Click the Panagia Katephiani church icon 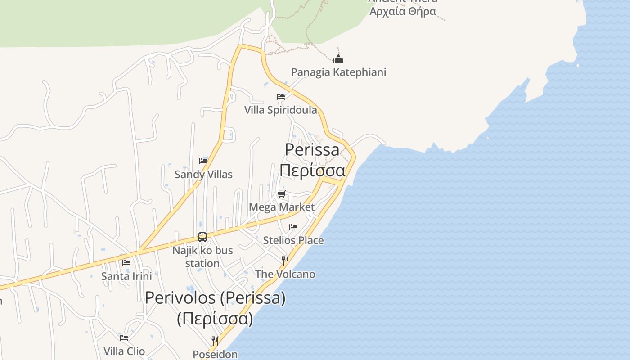[338, 59]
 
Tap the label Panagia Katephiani [338, 72]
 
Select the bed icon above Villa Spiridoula [281, 97]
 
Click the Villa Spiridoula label [280, 110]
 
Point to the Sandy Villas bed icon [203, 161]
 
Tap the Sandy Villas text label [203, 174]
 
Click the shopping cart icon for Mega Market [282, 194]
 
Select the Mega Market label [282, 207]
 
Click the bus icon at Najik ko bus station [202, 237]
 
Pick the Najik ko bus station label [202, 256]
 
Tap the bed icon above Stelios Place [293, 227]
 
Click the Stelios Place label [293, 240]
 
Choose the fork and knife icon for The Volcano [285, 261]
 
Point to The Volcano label [285, 274]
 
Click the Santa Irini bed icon [126, 263]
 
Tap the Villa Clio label [124, 351]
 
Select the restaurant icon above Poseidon [215, 341]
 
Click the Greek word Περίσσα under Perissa [312, 171]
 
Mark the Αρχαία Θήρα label [403, 11]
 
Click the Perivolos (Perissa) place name [215, 298]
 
